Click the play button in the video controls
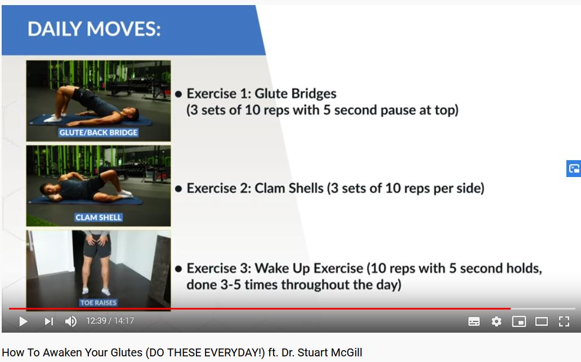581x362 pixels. pos(23,321)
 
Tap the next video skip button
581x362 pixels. pos(49,321)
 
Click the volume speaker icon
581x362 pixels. pos(71,321)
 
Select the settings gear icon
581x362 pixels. pos(496,321)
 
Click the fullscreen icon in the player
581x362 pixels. pos(564,321)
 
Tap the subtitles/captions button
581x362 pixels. pos(474,321)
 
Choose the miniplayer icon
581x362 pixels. pos(519,321)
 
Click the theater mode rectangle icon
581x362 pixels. pos(542,321)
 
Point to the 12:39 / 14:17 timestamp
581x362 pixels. pos(110,321)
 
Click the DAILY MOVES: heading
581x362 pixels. pos(94,29)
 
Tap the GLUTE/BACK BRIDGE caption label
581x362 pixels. pos(98,133)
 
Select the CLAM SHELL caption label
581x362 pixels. pos(98,218)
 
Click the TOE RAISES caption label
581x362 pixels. pos(98,303)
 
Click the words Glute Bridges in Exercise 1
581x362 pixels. pos(296,94)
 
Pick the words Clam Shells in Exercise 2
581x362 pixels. pos(289,188)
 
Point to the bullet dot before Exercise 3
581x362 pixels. pos(178,269)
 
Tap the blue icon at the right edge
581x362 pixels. pos(574,169)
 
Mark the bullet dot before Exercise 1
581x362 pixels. pos(178,94)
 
